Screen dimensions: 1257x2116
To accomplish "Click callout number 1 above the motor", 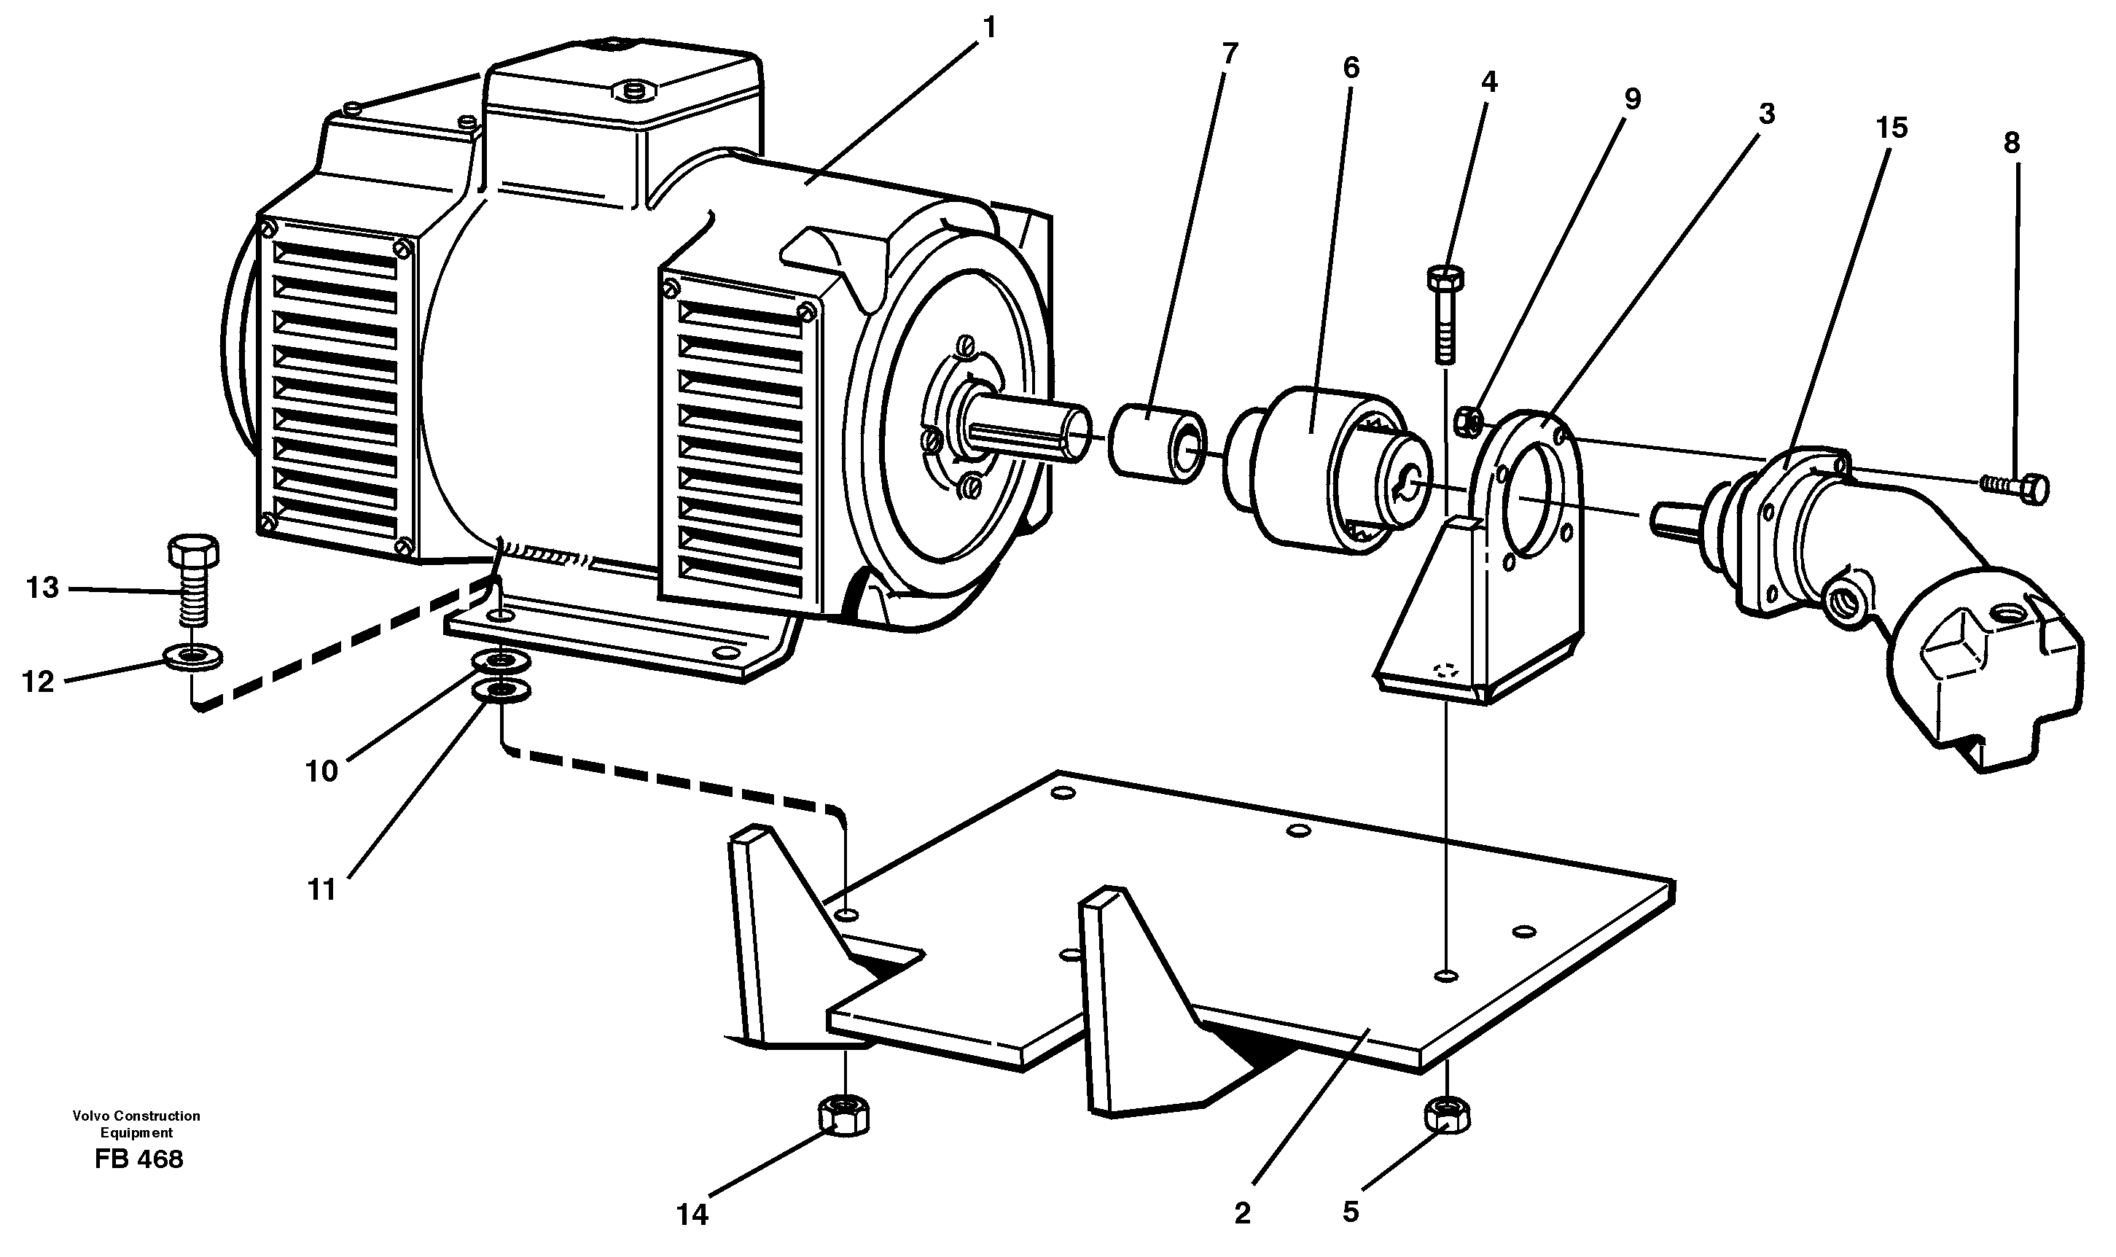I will (x=988, y=28).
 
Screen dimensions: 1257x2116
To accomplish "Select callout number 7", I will (x=1230, y=54).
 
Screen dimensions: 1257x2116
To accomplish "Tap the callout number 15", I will (x=1891, y=128).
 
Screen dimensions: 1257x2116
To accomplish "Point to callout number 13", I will (x=42, y=587).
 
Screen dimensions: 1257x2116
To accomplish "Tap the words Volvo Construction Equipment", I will (x=136, y=1124).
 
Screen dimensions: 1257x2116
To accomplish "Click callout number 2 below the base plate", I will (x=1242, y=1214).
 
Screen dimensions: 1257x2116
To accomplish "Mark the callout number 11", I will (x=321, y=890).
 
